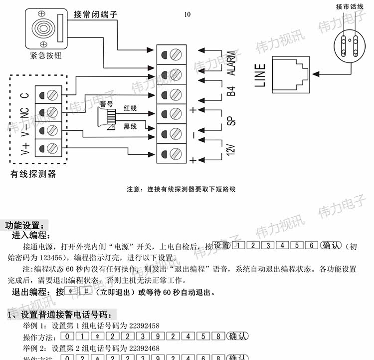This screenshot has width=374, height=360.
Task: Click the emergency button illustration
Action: (45, 28)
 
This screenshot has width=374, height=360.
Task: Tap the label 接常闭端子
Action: (95, 15)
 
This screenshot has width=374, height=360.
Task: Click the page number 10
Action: (187, 14)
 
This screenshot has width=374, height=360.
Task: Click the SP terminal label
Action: (231, 121)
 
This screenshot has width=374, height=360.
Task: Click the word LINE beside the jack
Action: (260, 75)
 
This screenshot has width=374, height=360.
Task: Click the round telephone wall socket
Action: (348, 45)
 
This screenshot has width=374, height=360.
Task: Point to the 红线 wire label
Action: (131, 108)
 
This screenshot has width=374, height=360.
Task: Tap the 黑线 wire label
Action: (130, 127)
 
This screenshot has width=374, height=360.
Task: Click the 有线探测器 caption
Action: (33, 174)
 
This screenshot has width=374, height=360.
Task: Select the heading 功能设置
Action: (27, 225)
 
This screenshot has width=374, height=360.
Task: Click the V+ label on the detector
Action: (25, 149)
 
